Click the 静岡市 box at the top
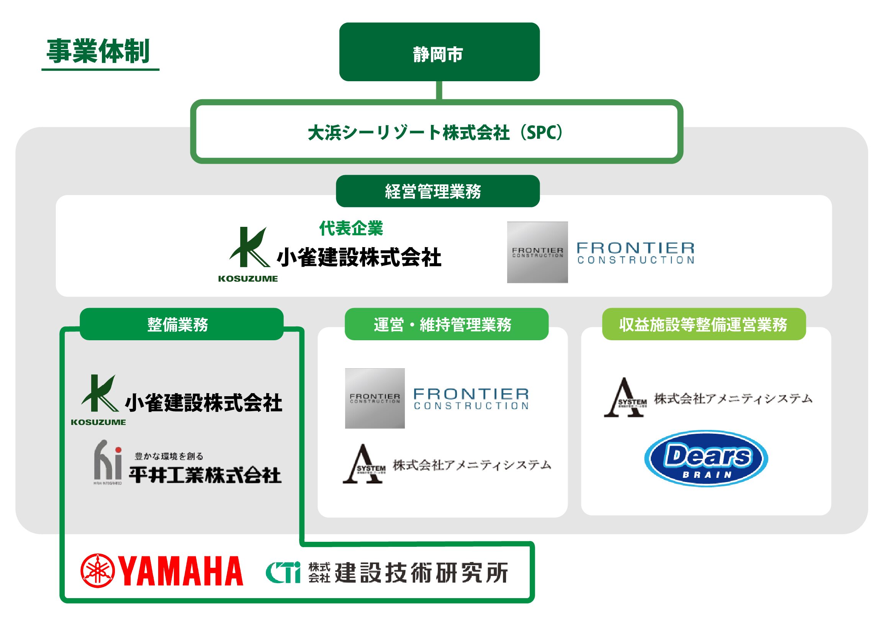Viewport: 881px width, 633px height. (x=439, y=52)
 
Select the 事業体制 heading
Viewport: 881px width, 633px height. (x=98, y=51)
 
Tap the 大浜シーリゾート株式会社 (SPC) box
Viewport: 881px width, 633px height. (x=436, y=132)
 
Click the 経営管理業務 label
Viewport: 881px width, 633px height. (x=437, y=191)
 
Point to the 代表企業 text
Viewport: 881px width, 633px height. (x=351, y=228)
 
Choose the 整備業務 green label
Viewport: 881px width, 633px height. (x=181, y=325)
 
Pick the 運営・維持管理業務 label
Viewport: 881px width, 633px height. (x=446, y=325)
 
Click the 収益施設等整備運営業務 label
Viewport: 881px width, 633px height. (x=704, y=325)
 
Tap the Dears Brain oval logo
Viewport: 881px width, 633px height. (x=706, y=459)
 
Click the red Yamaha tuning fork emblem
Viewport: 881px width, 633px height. (x=98, y=571)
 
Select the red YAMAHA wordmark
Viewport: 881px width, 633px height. (x=181, y=571)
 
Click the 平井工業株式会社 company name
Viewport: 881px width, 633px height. (x=205, y=474)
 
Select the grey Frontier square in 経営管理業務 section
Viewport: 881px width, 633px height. (x=537, y=252)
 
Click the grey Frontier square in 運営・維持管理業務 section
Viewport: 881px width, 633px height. (x=375, y=398)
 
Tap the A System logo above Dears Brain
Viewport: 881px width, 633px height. (x=625, y=398)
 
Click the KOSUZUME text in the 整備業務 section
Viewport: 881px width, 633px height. (x=98, y=422)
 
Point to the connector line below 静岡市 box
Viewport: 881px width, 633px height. (x=439, y=90)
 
